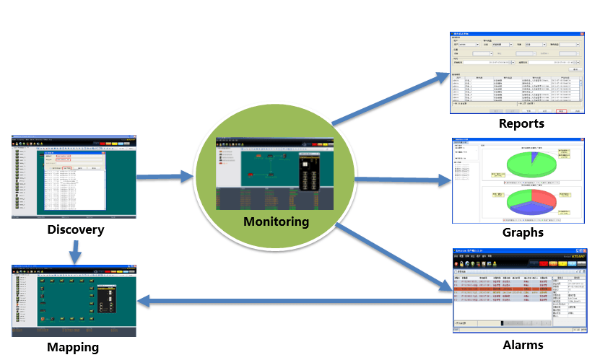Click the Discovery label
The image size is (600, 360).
click(75, 230)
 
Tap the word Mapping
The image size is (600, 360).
click(73, 347)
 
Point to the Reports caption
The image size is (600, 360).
click(521, 123)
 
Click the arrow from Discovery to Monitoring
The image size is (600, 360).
click(165, 176)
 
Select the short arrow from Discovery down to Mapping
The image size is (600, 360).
click(74, 251)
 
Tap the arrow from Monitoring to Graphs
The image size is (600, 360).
click(401, 180)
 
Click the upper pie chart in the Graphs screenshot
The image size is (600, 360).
click(531, 162)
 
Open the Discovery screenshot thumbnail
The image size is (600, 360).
click(74, 177)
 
